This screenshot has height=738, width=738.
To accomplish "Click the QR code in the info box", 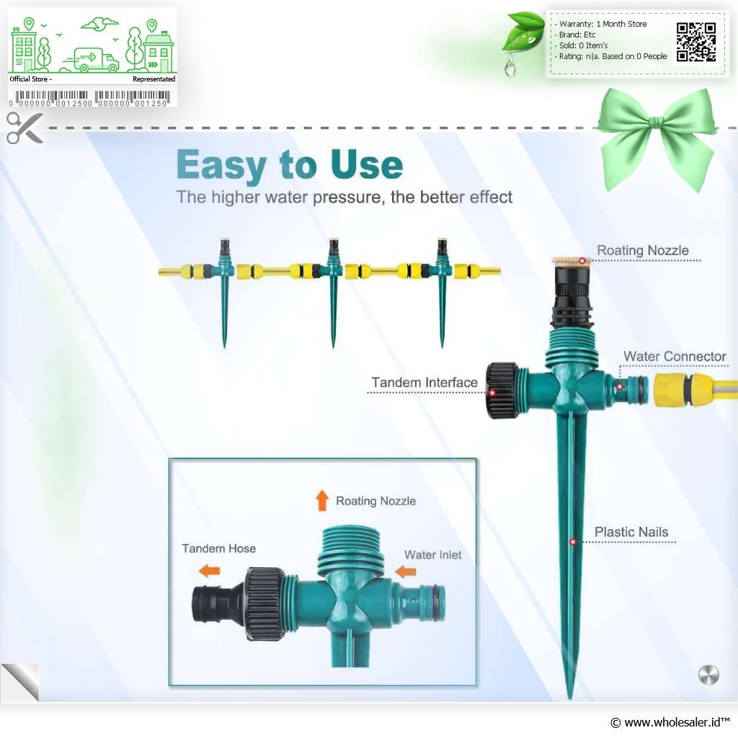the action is pyautogui.click(x=696, y=43).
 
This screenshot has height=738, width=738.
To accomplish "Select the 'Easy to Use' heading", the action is pyautogui.click(x=290, y=165).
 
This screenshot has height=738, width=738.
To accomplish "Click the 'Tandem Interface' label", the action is pyautogui.click(x=424, y=382).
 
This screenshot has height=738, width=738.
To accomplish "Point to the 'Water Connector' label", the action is pyautogui.click(x=675, y=356).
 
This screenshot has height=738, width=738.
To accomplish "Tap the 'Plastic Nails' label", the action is pyautogui.click(x=631, y=532).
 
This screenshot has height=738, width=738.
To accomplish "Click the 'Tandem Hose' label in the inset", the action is pyautogui.click(x=219, y=548).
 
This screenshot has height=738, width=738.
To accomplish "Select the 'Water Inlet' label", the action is pyautogui.click(x=432, y=555).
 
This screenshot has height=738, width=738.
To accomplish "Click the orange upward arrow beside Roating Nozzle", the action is pyautogui.click(x=322, y=500).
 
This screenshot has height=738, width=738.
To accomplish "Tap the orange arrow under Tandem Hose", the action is pyautogui.click(x=210, y=571).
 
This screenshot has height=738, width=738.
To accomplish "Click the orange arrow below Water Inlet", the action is pyautogui.click(x=405, y=572).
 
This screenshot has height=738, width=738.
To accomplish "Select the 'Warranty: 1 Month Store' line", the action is pyautogui.click(x=603, y=24).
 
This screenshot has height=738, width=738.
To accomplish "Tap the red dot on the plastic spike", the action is pyautogui.click(x=573, y=542).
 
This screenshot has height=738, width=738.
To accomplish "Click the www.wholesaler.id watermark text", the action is pyautogui.click(x=670, y=722).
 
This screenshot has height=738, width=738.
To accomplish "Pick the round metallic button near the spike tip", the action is pyautogui.click(x=708, y=675).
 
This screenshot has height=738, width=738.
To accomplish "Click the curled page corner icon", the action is pyautogui.click(x=20, y=682).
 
